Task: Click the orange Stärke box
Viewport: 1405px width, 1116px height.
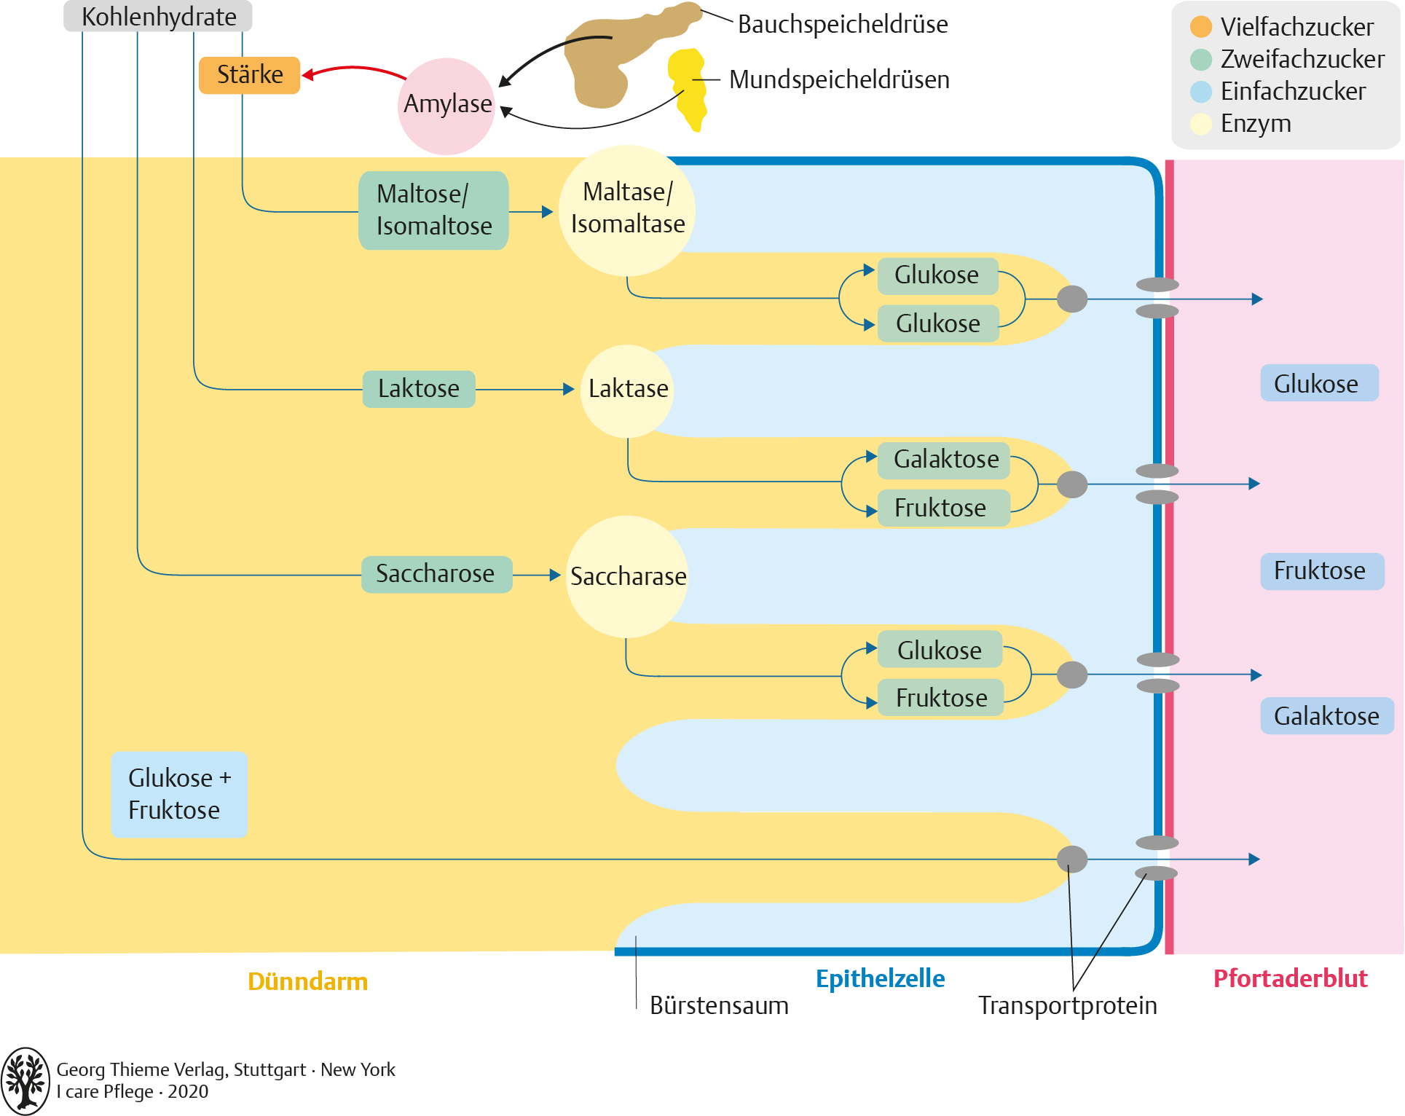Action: click(249, 75)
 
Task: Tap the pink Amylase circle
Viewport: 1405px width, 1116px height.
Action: click(446, 106)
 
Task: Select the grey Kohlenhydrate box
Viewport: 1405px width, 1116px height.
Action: click(158, 16)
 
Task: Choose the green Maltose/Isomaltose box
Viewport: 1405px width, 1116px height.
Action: click(433, 211)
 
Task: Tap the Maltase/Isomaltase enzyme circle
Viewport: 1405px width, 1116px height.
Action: click(627, 210)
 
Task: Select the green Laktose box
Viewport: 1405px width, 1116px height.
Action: click(419, 389)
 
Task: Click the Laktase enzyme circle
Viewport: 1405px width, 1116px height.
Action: click(628, 390)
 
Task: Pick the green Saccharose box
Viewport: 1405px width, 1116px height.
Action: click(436, 574)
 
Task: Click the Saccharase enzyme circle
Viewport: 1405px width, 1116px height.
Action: click(627, 576)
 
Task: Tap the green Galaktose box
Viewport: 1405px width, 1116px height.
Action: click(945, 460)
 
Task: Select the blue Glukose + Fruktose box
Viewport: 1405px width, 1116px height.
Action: click(179, 794)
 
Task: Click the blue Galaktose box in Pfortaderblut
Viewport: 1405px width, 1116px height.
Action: click(1326, 716)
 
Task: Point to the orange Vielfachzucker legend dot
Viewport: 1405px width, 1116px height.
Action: click(1200, 27)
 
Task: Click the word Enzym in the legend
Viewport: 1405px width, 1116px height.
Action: click(1256, 124)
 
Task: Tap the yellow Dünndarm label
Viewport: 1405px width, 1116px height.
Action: click(307, 982)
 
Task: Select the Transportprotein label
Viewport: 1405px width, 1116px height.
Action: click(1067, 1005)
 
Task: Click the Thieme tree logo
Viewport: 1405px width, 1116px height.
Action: click(25, 1081)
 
